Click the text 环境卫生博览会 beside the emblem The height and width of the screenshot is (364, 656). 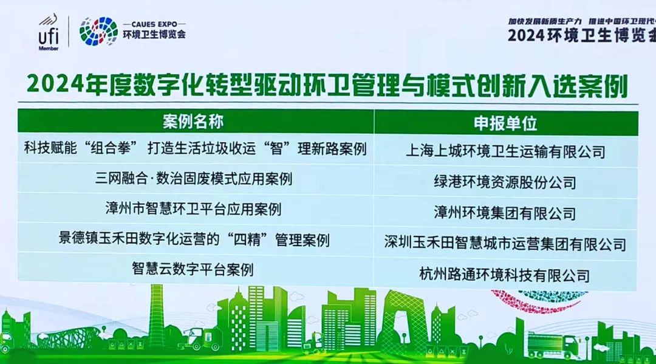click(x=154, y=34)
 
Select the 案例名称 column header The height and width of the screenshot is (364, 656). click(x=193, y=122)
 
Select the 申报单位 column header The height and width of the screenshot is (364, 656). click(x=505, y=123)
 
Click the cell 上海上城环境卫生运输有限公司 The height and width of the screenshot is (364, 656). click(x=505, y=151)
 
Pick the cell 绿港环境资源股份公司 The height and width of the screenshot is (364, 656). click(x=505, y=182)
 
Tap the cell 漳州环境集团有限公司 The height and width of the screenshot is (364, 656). click(x=505, y=213)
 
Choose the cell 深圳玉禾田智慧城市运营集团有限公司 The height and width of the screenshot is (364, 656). click(x=505, y=244)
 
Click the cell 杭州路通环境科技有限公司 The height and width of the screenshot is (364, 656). click(x=505, y=275)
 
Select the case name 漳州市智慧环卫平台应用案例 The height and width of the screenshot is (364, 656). click(x=193, y=210)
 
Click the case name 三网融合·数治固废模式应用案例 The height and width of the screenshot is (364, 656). click(x=194, y=179)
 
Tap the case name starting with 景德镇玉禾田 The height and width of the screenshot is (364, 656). click(x=194, y=239)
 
